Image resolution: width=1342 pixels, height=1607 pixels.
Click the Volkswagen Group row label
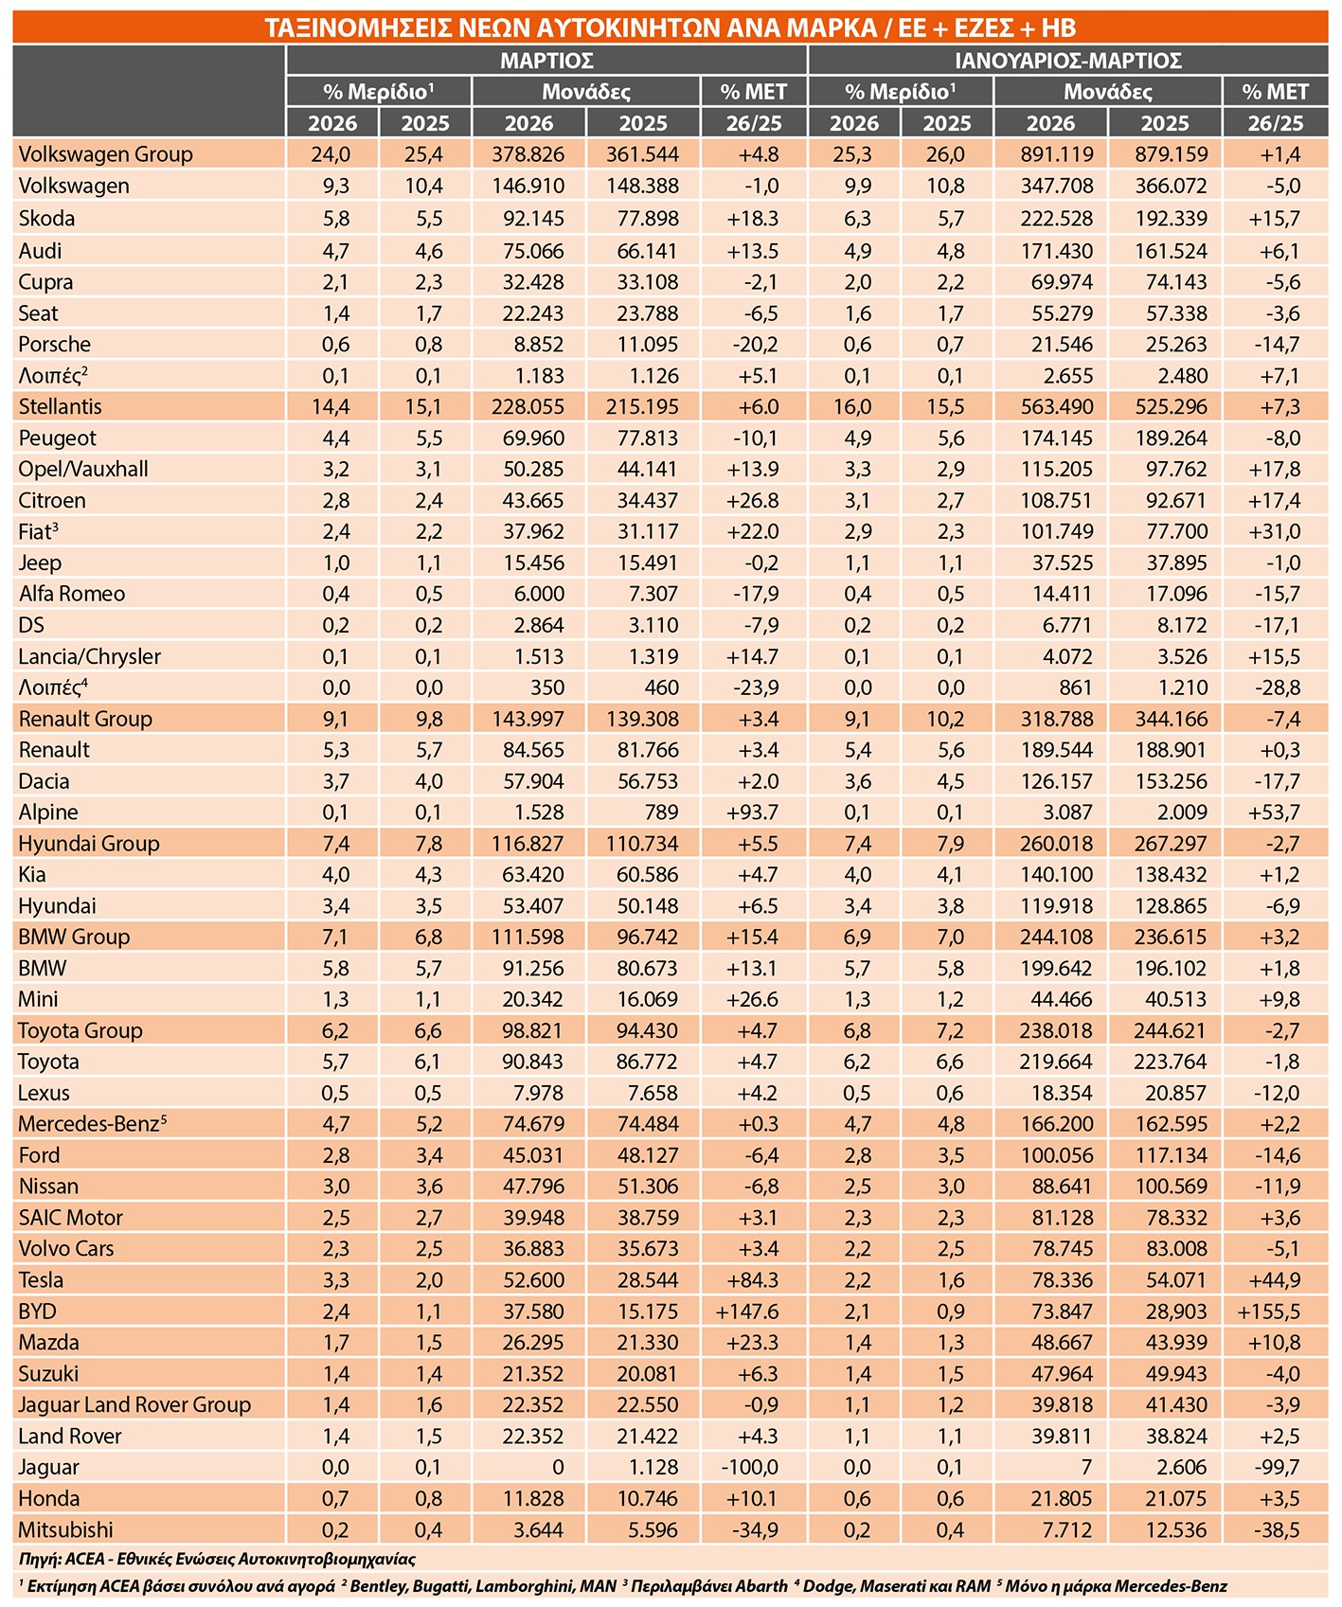tap(105, 154)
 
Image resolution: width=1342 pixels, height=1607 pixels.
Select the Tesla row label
tap(41, 1280)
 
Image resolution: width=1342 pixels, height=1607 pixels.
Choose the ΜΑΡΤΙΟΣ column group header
tap(546, 61)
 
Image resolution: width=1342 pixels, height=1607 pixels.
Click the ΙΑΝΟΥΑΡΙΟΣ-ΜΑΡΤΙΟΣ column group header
tap(1067, 61)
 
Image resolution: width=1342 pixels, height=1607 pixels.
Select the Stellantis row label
tap(60, 407)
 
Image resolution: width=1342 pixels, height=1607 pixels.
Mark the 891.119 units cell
tap(1050, 154)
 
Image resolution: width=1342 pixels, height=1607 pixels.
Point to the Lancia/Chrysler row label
tap(90, 657)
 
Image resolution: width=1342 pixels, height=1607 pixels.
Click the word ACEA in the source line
tap(86, 1559)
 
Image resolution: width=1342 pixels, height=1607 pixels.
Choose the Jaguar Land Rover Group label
tap(134, 1405)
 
